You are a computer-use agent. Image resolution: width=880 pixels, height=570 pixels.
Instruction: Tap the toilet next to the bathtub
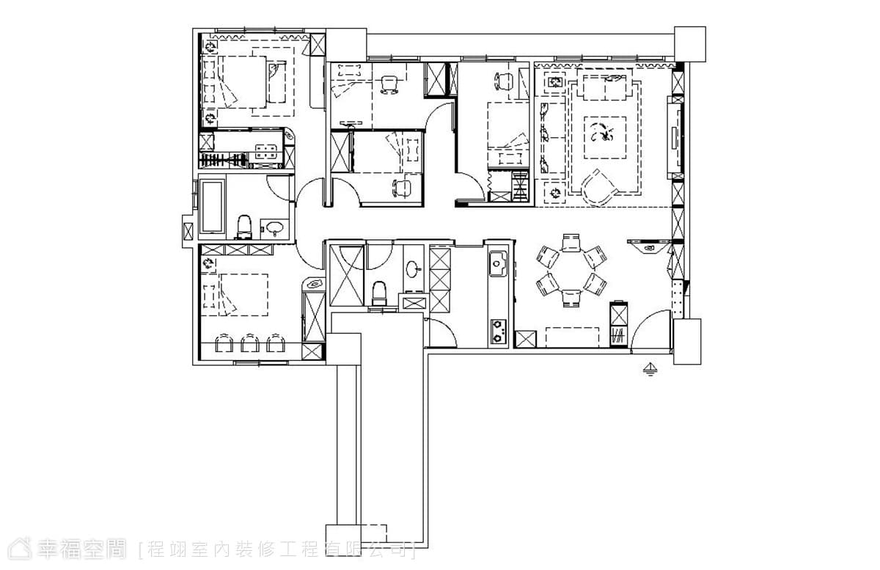click(x=244, y=227)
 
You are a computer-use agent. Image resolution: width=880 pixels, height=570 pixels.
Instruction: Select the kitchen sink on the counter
click(x=498, y=263)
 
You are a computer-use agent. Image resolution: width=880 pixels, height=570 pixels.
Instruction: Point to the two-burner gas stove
click(x=498, y=331)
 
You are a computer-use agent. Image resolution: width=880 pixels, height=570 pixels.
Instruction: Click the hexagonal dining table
click(x=571, y=271)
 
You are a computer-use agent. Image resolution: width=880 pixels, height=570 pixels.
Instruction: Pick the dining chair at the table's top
click(x=571, y=242)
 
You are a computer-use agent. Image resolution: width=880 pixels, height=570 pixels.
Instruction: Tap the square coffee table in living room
click(x=604, y=138)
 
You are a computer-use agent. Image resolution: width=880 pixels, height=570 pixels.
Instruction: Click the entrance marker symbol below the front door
click(x=650, y=369)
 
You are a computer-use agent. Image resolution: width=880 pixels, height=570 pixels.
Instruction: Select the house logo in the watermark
click(x=21, y=549)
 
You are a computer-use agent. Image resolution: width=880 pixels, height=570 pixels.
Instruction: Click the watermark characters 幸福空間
click(x=81, y=549)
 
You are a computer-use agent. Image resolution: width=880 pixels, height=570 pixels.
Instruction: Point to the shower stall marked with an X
click(x=346, y=276)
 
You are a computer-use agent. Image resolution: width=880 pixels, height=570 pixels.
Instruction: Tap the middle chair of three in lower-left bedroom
click(x=249, y=343)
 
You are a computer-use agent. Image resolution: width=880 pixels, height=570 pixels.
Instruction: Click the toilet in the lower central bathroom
click(x=379, y=293)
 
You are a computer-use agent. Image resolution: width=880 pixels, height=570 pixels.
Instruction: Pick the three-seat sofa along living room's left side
click(x=551, y=137)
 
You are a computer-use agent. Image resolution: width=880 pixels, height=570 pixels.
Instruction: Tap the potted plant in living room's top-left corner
click(x=555, y=82)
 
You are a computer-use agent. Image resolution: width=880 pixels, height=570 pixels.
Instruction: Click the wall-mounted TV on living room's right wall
click(x=675, y=138)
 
